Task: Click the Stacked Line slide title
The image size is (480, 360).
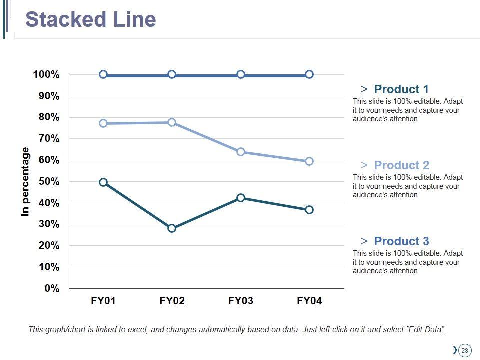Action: (x=90, y=20)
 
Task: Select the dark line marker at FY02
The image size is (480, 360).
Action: (x=172, y=228)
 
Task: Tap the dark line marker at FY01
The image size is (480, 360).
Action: (x=103, y=182)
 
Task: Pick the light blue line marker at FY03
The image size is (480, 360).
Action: (x=241, y=152)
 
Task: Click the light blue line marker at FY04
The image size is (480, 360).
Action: (x=309, y=161)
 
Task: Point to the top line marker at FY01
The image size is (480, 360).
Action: (x=103, y=74)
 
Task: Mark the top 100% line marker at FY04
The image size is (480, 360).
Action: (x=309, y=74)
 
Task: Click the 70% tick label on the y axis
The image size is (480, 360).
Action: (x=49, y=139)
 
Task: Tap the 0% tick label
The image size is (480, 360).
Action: (x=52, y=289)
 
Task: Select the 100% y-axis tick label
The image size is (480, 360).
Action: (x=46, y=75)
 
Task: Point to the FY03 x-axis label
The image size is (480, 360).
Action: (x=241, y=301)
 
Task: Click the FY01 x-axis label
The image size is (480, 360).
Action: (x=103, y=301)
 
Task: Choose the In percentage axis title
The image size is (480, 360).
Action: (x=26, y=182)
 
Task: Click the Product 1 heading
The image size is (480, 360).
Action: (x=401, y=89)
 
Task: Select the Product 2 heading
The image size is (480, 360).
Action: (x=401, y=165)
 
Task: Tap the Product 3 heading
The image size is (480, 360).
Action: (x=401, y=241)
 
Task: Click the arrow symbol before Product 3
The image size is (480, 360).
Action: (x=364, y=241)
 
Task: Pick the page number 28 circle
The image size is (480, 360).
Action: (x=465, y=350)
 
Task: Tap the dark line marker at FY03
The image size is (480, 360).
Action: (x=241, y=198)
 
